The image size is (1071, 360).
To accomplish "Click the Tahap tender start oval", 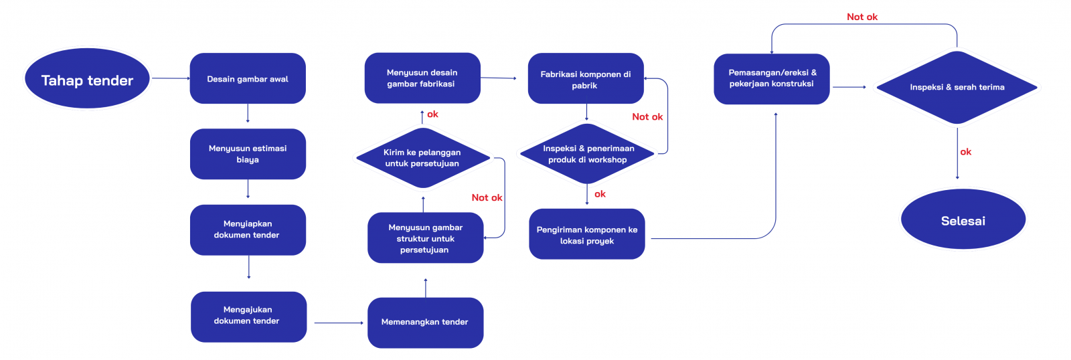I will coord(87,79).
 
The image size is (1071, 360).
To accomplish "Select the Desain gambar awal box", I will coord(248,78).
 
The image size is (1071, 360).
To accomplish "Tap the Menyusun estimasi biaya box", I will coord(248,154).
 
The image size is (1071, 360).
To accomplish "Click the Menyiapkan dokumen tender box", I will coord(248,230).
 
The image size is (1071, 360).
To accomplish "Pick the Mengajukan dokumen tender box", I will coord(248,317).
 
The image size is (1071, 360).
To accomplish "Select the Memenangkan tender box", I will coord(425,323).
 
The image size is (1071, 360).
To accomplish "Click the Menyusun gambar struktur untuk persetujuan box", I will coord(425,238).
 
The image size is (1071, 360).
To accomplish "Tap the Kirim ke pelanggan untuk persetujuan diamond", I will coord(422,159).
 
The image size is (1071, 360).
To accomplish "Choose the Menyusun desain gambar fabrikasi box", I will coord(422,78).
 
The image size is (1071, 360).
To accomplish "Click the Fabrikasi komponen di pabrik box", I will coord(586,79).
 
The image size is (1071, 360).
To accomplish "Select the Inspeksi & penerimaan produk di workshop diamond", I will coord(587,154).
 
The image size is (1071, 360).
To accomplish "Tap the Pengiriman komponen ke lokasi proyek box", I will coord(587,234).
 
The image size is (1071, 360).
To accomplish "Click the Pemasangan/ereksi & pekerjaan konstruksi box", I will coord(772,79).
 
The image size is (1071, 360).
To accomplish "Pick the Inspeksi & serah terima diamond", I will coord(957,87).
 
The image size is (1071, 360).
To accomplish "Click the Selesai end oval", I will coord(963,220).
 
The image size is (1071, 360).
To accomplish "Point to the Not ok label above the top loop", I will coord(862,17).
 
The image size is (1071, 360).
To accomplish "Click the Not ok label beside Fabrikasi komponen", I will coord(647,116).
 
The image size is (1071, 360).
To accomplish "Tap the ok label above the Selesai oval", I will coord(965,152).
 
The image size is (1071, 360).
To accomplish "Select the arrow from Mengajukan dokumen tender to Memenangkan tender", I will coord(338,323).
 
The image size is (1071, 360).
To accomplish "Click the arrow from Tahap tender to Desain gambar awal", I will coord(171,78).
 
